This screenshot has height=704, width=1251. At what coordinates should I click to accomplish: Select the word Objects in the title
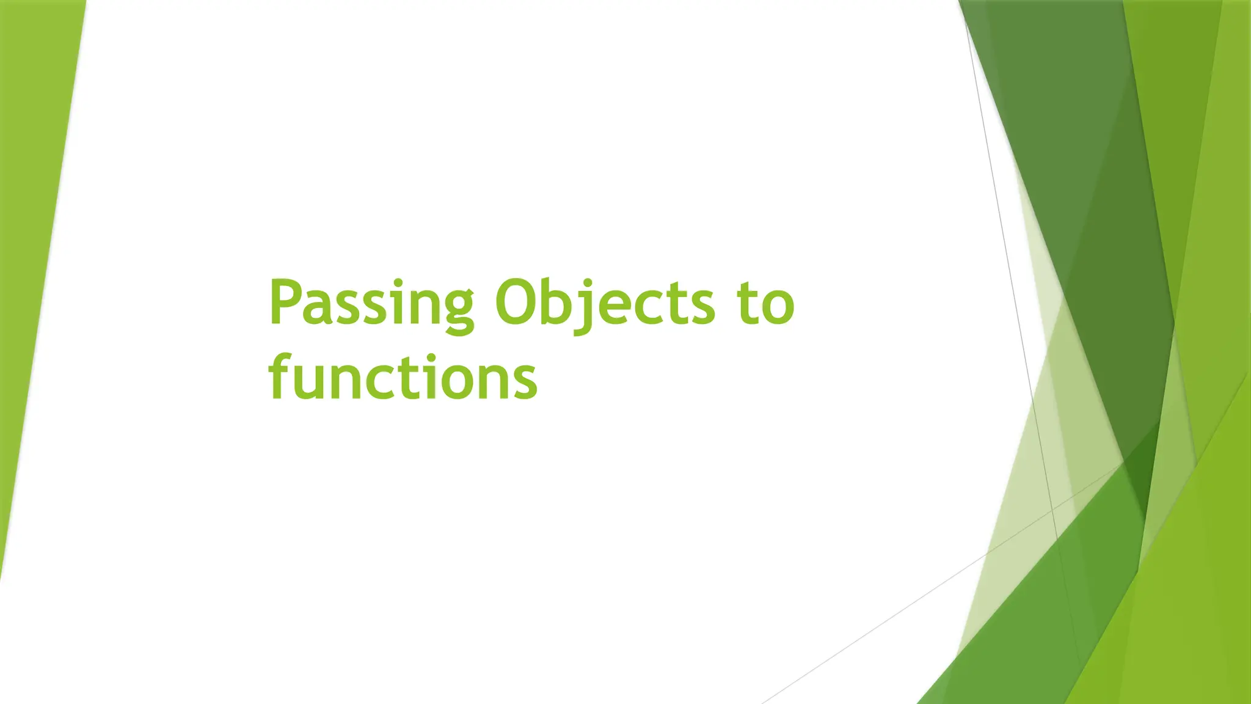pyautogui.click(x=604, y=304)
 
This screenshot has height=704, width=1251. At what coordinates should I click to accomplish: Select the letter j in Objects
pyautogui.click(x=585, y=309)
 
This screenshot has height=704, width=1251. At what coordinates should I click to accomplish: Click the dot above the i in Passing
pyautogui.click(x=398, y=283)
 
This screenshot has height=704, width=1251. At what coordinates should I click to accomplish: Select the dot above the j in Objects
pyautogui.click(x=587, y=283)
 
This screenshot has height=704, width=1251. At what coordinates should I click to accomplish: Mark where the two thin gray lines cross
pyautogui.click(x=1052, y=508)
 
